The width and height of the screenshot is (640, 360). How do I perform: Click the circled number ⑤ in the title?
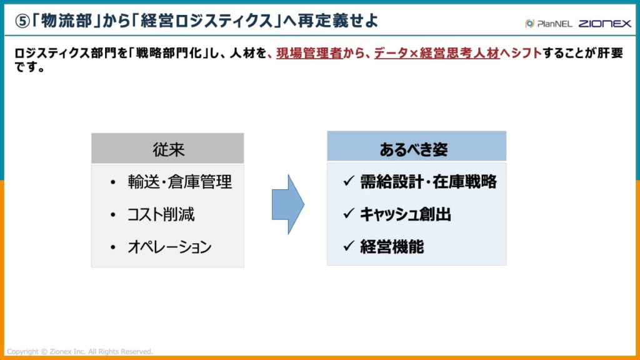[x=22, y=21]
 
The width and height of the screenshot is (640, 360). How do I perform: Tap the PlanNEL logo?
[x=547, y=24]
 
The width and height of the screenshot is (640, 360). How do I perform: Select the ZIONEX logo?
[x=604, y=24]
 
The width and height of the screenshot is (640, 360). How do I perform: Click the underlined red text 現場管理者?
[x=309, y=54]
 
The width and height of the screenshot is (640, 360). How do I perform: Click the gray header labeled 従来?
[x=167, y=149]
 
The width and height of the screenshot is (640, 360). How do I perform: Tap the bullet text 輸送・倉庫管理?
[x=179, y=182]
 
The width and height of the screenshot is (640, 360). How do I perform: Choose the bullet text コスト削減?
[x=161, y=214]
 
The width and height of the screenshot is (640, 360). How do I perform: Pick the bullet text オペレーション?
[x=169, y=247]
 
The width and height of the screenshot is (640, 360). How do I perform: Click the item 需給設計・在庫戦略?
[x=428, y=182]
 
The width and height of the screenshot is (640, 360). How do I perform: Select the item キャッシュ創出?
[x=405, y=214]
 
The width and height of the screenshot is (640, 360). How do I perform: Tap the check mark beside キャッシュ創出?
[x=349, y=214]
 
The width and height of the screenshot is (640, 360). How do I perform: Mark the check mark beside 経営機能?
[x=349, y=246]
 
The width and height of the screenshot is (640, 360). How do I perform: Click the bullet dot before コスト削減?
[x=112, y=215]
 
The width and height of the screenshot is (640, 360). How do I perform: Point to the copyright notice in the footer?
[x=79, y=352]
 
